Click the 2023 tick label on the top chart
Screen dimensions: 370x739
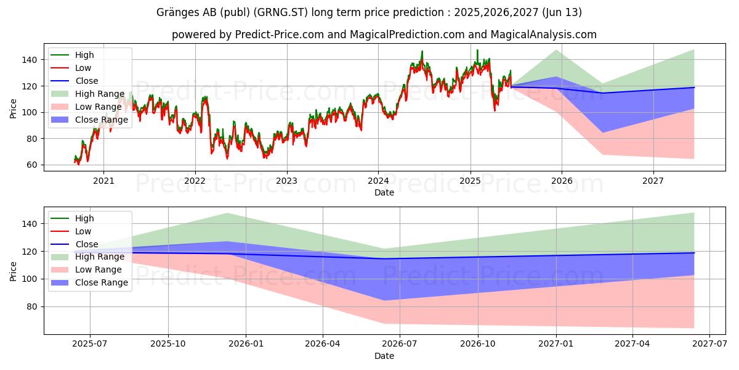click(x=286, y=181)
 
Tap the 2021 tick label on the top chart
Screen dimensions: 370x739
click(x=103, y=181)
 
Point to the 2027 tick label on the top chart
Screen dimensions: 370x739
click(x=653, y=181)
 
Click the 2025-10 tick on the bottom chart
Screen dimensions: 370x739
click(x=168, y=344)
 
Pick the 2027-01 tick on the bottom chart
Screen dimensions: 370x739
click(x=556, y=344)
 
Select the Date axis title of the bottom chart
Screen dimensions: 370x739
click(x=384, y=356)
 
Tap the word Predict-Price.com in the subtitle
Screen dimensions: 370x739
click(x=280, y=35)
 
